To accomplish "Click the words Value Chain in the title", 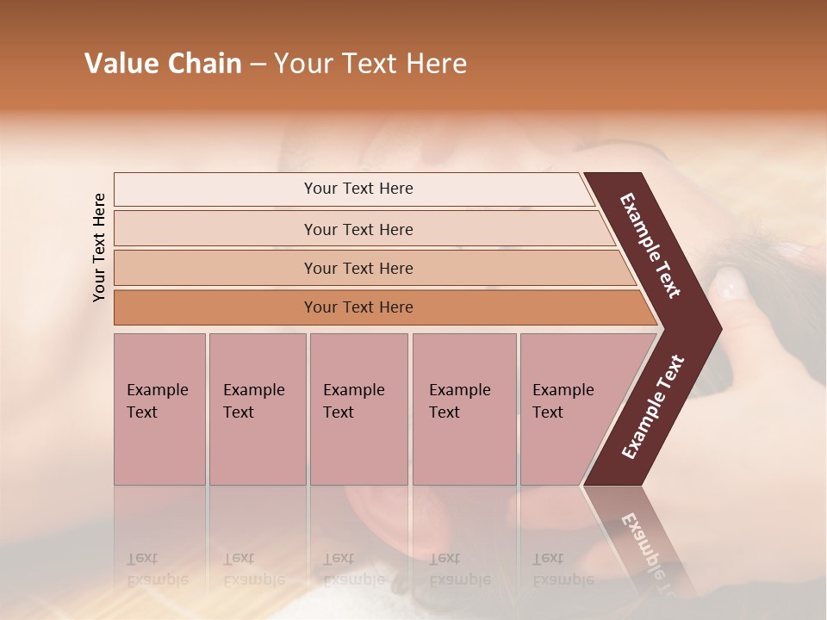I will [x=163, y=64].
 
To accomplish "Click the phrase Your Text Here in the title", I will [x=370, y=64].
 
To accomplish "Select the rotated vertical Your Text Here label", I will [x=99, y=247].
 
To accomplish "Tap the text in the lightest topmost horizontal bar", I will [x=358, y=189].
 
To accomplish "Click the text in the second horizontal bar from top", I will [x=358, y=230].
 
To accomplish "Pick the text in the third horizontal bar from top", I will [x=358, y=269].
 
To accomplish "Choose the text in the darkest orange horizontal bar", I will [x=358, y=307].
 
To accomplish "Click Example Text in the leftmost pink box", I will [x=157, y=401].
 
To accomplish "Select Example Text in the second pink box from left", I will [x=253, y=401].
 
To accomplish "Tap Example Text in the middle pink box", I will [x=353, y=401].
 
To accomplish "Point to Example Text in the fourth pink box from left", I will [x=459, y=401].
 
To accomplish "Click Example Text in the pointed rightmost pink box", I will [x=563, y=401].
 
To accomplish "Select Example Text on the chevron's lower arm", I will [x=653, y=406].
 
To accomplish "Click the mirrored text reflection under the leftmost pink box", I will [x=157, y=569].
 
